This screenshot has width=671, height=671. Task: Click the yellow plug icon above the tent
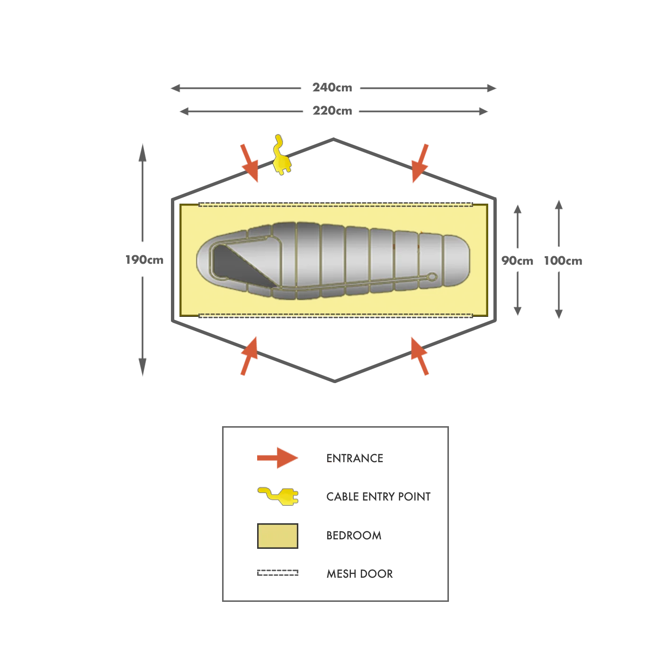281,156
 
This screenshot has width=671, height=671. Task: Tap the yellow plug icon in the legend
279,495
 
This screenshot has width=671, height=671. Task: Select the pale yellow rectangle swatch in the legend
277,536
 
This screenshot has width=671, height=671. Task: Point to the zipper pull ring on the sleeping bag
431,277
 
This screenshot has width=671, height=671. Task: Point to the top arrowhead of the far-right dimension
559,205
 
